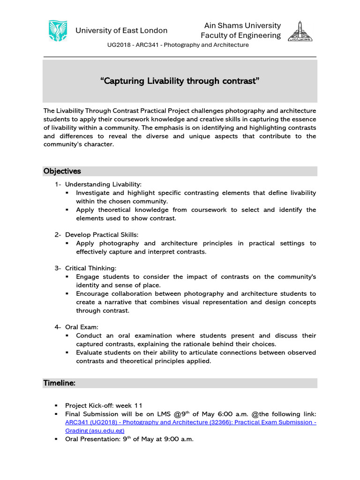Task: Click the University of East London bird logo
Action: tap(58, 30)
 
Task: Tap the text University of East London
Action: tap(121, 30)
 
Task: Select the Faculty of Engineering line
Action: tap(240, 36)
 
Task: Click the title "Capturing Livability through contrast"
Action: tap(180, 81)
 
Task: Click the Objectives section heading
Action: tap(62, 171)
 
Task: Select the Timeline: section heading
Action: tap(60, 383)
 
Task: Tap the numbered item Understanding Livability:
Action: tap(103, 184)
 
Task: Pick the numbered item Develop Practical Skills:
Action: tap(102, 234)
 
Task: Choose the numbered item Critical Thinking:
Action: tap(90, 268)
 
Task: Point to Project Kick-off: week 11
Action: tap(104, 405)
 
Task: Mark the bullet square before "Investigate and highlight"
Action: tap(67, 193)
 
